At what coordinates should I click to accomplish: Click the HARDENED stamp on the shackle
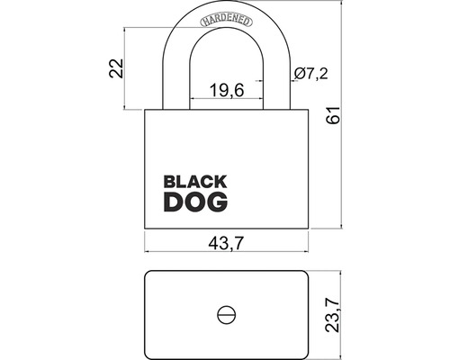[x=226, y=21]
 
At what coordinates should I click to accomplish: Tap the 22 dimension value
[x=116, y=68]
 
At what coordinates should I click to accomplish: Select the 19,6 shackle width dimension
[x=227, y=90]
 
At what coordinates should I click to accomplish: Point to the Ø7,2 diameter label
[x=311, y=74]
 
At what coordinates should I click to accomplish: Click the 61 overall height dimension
[x=333, y=114]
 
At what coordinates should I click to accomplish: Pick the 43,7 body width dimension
[x=225, y=243]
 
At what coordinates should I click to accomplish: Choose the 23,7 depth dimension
[x=333, y=316]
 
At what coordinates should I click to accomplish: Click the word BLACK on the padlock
[x=195, y=182]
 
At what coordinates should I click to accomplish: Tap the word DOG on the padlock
[x=195, y=202]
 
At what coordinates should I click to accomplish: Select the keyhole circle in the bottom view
[x=226, y=315]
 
